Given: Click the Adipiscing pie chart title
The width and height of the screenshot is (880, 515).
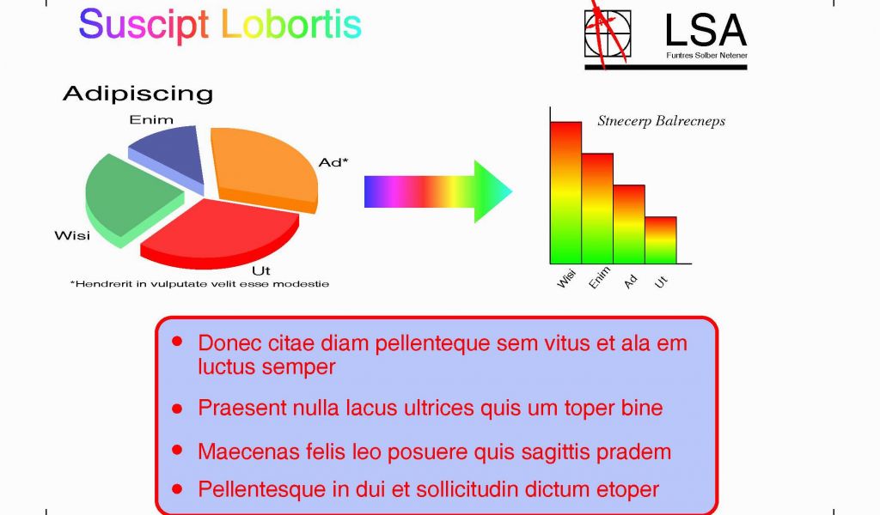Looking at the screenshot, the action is tap(138, 94).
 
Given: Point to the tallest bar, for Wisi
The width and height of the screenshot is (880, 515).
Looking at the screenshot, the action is tap(565, 193).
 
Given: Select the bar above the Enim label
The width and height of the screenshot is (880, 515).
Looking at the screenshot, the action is tap(597, 209).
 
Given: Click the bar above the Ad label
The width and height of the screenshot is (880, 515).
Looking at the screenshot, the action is tap(628, 224).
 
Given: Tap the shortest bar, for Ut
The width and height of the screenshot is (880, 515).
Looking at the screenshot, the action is tap(661, 239).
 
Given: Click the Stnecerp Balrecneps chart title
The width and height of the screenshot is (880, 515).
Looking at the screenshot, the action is tap(661, 121).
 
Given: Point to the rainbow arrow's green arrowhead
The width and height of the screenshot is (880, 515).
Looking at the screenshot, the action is tap(492, 191).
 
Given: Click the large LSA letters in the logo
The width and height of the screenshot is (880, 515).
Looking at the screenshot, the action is tap(706, 31).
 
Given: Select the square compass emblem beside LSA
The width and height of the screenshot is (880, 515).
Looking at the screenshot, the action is tap(608, 33).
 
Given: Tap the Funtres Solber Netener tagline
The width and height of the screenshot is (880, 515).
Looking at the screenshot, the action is tap(706, 56).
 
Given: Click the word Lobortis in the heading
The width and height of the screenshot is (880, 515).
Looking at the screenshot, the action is tap(291, 24).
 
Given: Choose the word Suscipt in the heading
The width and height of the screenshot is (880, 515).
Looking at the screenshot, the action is tap(144, 26).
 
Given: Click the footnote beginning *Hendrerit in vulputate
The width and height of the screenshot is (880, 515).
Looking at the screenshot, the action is tap(199, 284).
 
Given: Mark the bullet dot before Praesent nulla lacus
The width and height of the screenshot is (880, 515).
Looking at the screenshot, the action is tap(177, 409).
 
